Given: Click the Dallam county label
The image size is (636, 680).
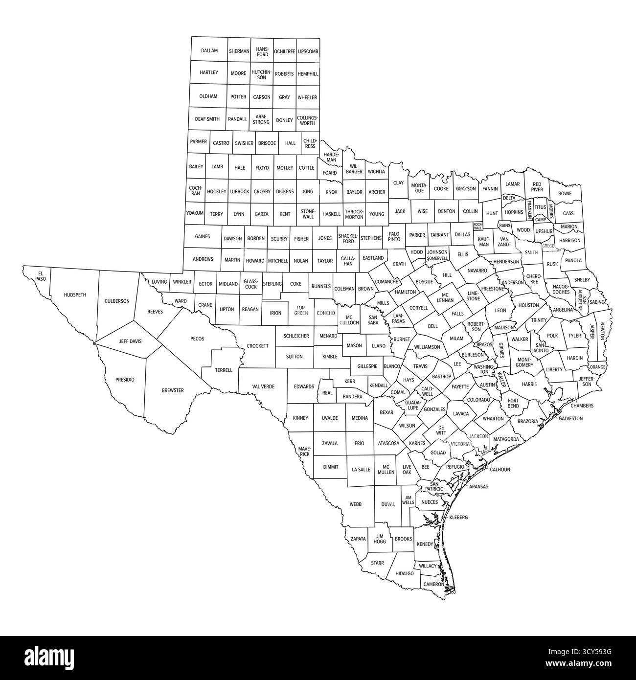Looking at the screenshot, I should coord(209,51).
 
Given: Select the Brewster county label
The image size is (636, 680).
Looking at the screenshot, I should coord(173,390).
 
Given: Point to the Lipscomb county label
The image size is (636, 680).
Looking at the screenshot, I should coord(308,51).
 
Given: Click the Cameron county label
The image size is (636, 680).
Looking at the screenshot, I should coord(433,584).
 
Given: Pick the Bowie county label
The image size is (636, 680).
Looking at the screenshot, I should coord(565,193).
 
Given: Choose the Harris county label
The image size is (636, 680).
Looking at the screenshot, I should coord(529,384).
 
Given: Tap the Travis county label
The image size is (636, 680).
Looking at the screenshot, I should coord(420,366).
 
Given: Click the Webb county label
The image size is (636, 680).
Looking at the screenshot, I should coord(355,504).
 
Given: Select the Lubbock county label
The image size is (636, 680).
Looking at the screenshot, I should coord(239,192).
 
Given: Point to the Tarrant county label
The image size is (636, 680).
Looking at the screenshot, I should coord(440,235).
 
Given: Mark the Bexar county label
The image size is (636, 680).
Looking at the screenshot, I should coord(386,412).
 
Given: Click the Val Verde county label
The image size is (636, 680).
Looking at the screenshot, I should coord(263,386).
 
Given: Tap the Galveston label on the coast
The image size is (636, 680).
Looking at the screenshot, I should coord(570,418).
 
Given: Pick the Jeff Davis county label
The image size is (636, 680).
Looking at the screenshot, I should coord(130,341).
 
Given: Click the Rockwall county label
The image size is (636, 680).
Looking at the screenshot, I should coord(477,226).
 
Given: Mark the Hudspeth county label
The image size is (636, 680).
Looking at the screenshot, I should coord(75,295).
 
